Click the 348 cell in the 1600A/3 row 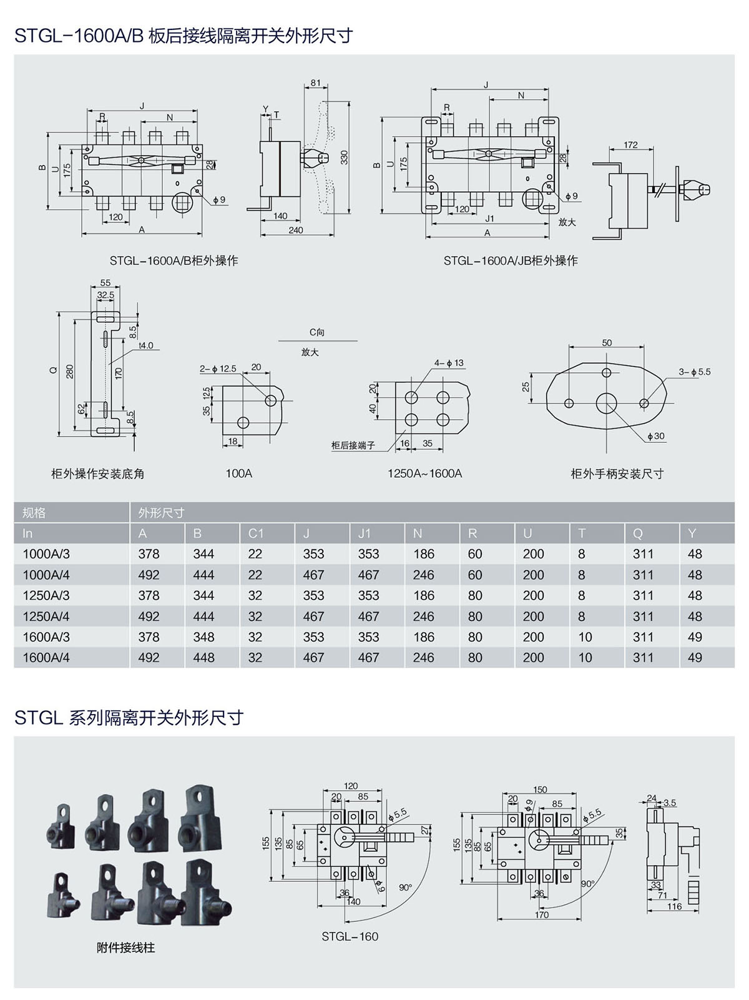point(203,637)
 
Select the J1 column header point(365,533)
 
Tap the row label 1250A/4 point(46,616)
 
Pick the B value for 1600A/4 point(203,658)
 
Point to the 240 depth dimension point(296,230)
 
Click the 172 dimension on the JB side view point(630,145)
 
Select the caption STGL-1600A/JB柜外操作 point(511,260)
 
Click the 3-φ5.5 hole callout point(695,372)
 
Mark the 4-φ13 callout point(449,363)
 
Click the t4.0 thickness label point(146,345)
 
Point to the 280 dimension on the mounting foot point(70,370)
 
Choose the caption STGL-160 point(350,936)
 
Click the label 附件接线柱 point(125,948)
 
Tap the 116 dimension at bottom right point(674,906)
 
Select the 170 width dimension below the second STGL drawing point(542,914)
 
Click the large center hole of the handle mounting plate point(605,403)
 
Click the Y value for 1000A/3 point(695,554)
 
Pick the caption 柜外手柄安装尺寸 point(617,473)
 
